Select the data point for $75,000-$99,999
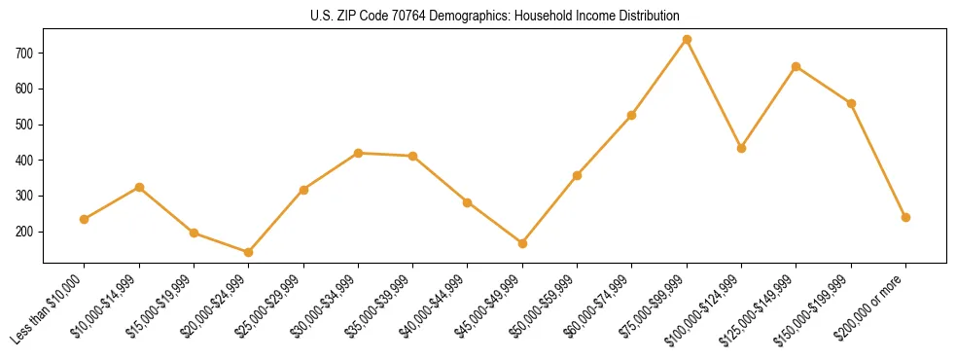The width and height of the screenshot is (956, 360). coord(687,39)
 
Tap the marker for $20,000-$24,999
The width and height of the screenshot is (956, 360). coord(249,252)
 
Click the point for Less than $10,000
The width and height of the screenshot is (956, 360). coord(85,219)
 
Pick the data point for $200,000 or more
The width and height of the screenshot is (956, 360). coord(905,217)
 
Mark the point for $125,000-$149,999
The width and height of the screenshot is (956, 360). coord(797,66)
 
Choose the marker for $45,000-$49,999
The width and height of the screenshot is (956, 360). coord(522,243)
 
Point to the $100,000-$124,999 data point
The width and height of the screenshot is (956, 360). coord(741,148)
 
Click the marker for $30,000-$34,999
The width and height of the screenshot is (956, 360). coord(358,153)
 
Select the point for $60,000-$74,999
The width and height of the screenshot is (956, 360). coord(632,115)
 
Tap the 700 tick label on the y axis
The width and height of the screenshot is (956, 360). coord(28,53)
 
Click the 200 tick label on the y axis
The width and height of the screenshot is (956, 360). coord(28,232)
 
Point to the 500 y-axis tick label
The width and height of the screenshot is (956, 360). coord(28,125)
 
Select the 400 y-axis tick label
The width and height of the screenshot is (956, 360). coord(28,160)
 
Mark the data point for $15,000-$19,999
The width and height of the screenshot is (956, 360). coord(194,233)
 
